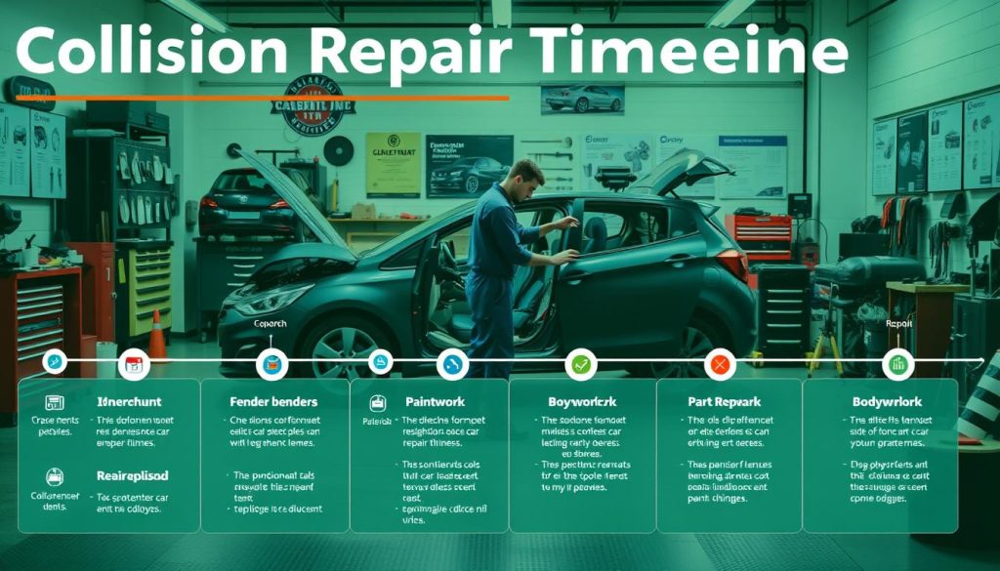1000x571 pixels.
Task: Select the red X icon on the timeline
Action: pyautogui.click(x=720, y=365)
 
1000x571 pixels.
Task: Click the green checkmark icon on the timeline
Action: pyautogui.click(x=580, y=365)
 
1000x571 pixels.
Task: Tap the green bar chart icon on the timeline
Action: pyautogui.click(x=896, y=365)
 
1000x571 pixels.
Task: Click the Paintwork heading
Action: pyautogui.click(x=435, y=401)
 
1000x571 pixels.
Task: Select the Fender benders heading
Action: pyautogui.click(x=274, y=401)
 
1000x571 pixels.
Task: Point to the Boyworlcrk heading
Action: pyautogui.click(x=582, y=401)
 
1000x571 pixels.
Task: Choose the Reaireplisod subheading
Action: pyautogui.click(x=132, y=475)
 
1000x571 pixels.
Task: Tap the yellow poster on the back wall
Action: pyautogui.click(x=393, y=164)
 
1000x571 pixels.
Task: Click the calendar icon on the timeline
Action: pyautogui.click(x=132, y=365)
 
